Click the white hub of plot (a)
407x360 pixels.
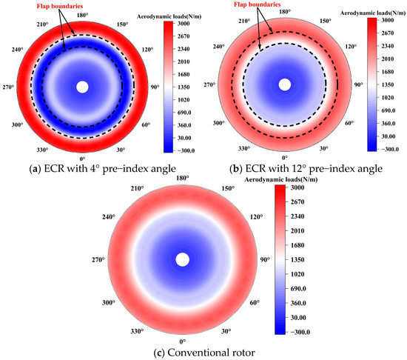[x=82, y=87]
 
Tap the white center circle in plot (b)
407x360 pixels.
[x=285, y=85]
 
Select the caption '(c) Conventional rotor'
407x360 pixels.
[x=182, y=353]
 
